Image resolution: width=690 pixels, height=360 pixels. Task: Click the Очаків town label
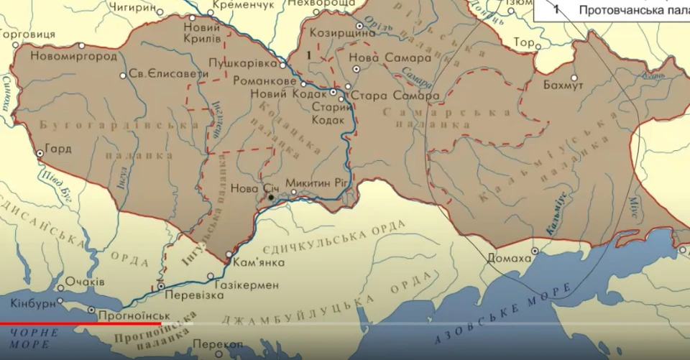tap(85, 281)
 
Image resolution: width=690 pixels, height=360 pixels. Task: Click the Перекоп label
tap(217, 345)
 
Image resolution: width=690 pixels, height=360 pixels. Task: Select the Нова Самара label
tap(387, 57)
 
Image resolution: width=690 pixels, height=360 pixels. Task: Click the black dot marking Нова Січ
tap(271, 197)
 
